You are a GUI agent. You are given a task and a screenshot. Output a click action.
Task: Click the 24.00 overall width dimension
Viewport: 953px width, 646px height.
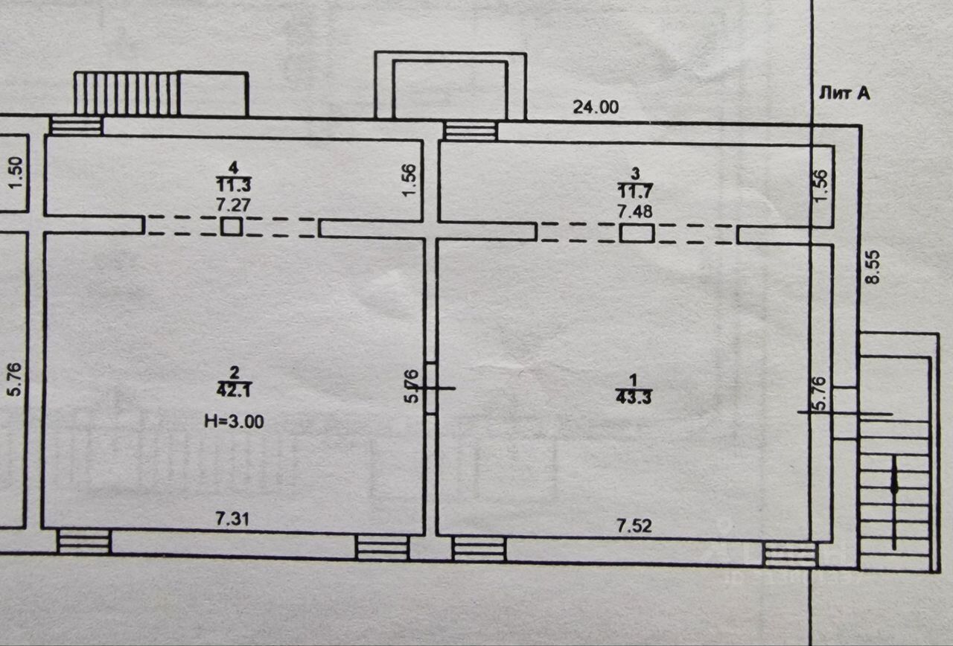click(596, 107)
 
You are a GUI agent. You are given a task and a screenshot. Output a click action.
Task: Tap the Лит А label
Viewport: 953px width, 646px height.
click(844, 93)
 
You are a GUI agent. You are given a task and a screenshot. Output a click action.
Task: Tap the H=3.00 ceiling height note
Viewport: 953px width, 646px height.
click(234, 420)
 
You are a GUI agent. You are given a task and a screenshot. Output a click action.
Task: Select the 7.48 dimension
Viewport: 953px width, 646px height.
click(635, 211)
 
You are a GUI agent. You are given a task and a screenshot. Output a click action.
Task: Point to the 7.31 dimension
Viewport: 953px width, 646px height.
click(233, 519)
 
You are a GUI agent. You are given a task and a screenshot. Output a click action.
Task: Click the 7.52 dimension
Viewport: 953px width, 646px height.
click(634, 526)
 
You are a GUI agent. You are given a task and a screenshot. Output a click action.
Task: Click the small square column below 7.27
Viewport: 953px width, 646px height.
click(232, 226)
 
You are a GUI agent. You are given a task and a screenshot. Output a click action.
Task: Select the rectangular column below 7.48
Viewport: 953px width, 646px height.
click(637, 234)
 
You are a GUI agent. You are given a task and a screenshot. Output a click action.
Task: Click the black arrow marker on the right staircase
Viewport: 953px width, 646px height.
click(894, 483)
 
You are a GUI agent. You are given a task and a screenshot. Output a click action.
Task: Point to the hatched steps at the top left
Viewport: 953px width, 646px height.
click(127, 94)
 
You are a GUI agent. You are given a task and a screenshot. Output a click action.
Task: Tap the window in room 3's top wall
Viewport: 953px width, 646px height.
click(470, 131)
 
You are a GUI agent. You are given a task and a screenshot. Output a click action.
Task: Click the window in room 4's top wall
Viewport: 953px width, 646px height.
click(75, 125)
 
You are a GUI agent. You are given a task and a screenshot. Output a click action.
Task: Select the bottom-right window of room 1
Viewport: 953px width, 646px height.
click(790, 554)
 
